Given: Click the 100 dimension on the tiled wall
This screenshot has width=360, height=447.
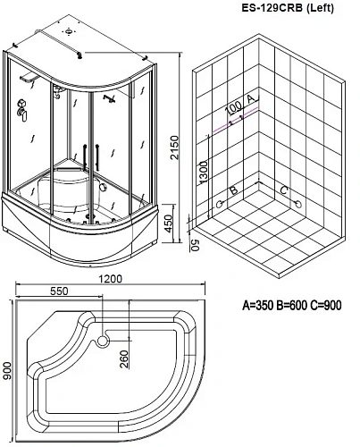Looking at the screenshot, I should [x=234, y=109].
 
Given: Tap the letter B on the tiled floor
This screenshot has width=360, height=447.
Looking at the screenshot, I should [x=232, y=190].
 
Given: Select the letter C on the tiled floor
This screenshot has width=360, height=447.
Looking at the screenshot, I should [x=283, y=190].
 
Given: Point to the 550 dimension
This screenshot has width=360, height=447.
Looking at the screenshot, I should [x=60, y=291].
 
